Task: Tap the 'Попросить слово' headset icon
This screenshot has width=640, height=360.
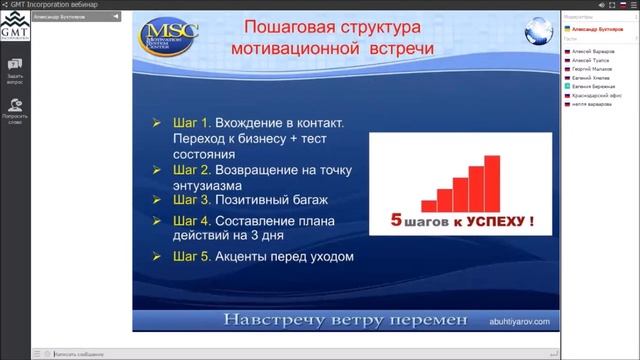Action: click(15, 103)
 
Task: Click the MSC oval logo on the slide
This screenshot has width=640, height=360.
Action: click(169, 37)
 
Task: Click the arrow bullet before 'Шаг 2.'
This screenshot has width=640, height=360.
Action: click(156, 170)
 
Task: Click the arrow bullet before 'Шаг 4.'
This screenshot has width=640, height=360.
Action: click(156, 220)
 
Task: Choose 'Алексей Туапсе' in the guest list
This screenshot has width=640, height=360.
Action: click(589, 58)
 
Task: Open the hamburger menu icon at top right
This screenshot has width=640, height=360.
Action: click(630, 5)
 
